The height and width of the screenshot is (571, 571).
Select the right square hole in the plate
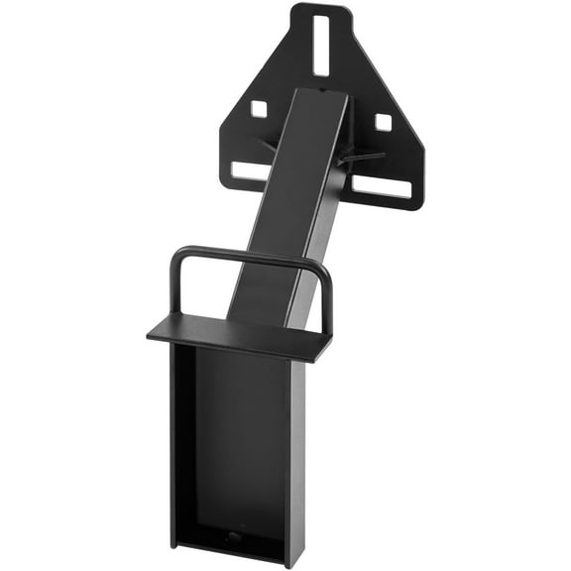point(383,122)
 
